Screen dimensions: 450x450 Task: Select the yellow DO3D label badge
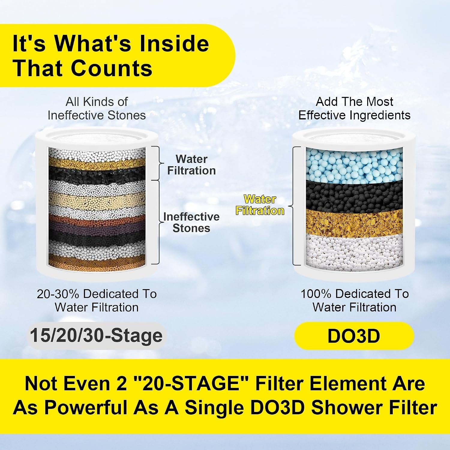tap(354, 336)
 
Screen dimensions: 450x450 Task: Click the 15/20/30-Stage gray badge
tap(96, 335)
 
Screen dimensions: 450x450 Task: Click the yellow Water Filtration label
tap(260, 205)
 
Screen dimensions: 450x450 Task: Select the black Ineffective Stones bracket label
tap(191, 222)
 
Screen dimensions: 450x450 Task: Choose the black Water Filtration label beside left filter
tap(191, 165)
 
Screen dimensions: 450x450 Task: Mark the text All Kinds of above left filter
tap(97, 102)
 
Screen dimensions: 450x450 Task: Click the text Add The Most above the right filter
tap(354, 102)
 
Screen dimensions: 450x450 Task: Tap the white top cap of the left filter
tap(97, 137)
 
